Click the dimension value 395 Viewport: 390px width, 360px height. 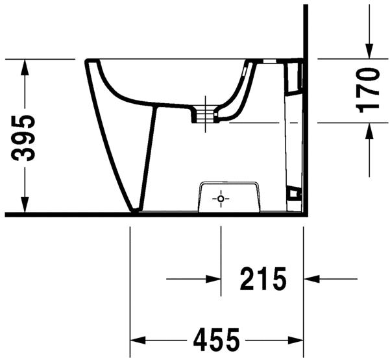24,138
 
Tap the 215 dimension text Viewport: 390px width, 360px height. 263,280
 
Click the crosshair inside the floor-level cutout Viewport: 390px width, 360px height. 221,198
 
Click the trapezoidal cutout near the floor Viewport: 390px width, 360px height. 230,196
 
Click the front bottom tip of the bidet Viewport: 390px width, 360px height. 135,210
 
